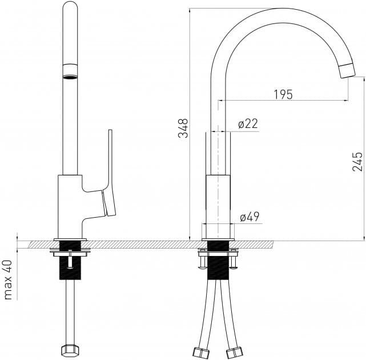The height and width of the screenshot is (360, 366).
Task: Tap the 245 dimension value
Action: point(357,162)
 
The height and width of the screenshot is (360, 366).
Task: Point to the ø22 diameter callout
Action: point(248,124)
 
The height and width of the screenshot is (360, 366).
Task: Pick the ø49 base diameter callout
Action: point(250,217)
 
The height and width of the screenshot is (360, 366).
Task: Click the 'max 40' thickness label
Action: point(8,279)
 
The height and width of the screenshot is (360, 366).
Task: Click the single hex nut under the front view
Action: point(70,350)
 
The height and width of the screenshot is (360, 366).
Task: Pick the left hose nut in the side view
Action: point(202,351)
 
